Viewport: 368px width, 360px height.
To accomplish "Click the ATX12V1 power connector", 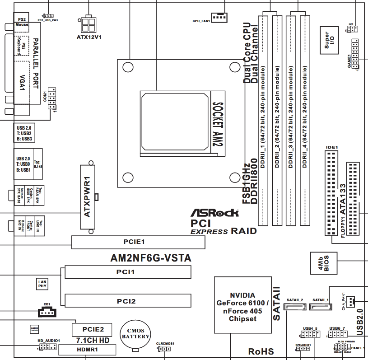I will pos(89,23).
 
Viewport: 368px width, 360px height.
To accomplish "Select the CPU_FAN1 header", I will pos(219,17).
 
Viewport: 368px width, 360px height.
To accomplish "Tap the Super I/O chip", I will pos(330,41).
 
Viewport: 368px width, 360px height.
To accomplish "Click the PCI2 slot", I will pos(127,301).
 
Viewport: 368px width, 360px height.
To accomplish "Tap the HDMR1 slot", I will pos(87,349).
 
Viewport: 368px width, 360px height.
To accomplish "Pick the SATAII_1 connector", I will pos(321,307).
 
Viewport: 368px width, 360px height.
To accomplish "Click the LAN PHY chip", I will pos(42,284).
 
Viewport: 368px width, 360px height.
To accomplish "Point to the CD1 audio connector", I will pos(47,312).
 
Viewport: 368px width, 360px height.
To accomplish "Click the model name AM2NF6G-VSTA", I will pos(150,258).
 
